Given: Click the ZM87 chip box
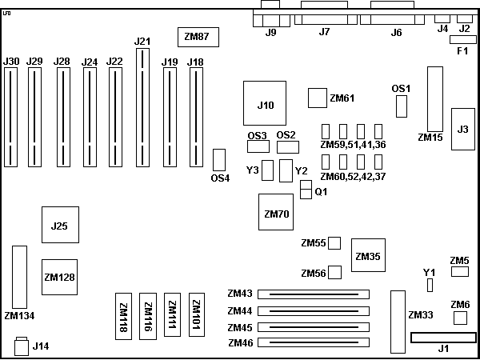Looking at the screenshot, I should (196, 36).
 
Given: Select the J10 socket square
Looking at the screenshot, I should (265, 104).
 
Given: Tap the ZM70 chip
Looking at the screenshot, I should (276, 214).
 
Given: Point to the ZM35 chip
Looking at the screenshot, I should (368, 256).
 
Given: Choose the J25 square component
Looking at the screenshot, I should (59, 226).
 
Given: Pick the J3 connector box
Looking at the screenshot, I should (462, 128).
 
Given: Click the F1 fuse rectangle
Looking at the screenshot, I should (462, 39).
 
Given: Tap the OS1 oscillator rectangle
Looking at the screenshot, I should (402, 106).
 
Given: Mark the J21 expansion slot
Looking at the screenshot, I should (143, 107).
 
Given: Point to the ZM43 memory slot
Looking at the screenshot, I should (313, 294).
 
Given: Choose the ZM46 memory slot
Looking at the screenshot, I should (313, 343).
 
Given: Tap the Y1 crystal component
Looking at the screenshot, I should (430, 286).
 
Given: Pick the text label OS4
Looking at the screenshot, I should (220, 178).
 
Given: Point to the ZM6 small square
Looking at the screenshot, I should (460, 318).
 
